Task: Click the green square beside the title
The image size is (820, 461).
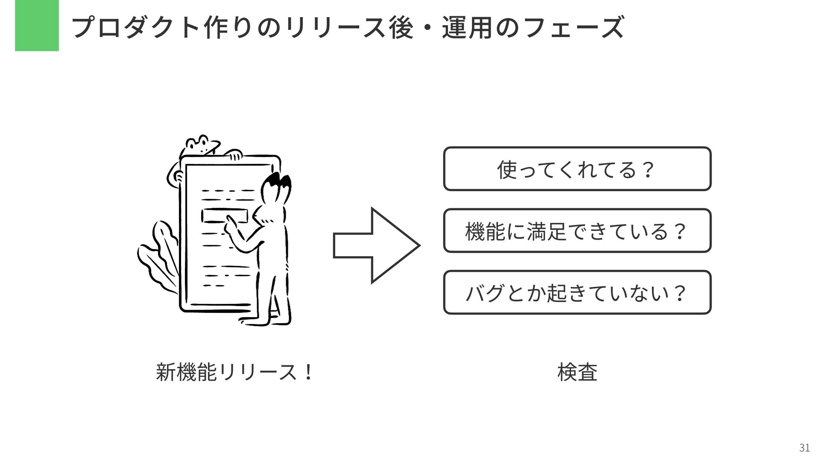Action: [x=37, y=26]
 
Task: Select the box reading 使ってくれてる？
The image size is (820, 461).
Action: [x=577, y=169]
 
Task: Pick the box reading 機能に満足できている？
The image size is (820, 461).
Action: [x=577, y=230]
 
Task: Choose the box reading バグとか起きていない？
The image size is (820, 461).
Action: [x=577, y=292]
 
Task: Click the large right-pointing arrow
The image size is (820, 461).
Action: [x=376, y=245]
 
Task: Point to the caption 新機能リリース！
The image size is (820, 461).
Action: [x=235, y=372]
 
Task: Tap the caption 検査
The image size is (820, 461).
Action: [x=577, y=372]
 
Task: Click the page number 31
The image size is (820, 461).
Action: [x=804, y=448]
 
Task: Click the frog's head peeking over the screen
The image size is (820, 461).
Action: [x=201, y=145]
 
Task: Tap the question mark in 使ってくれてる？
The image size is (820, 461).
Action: [x=648, y=169]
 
